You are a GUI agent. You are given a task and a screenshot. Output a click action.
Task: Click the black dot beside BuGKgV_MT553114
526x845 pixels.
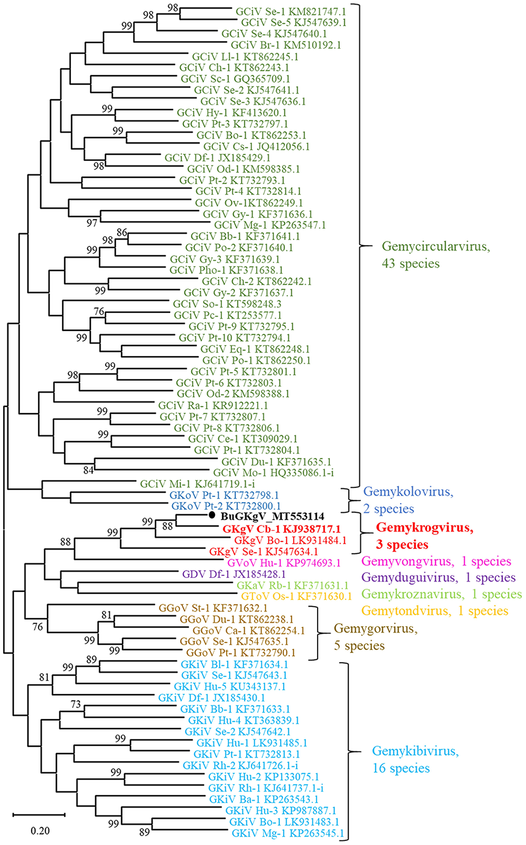pyautogui.click(x=212, y=515)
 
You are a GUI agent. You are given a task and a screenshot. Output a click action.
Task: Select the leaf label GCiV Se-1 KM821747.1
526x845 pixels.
pyautogui.click(x=291, y=12)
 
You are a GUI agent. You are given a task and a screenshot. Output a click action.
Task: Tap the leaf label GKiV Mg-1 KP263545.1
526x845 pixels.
pyautogui.click(x=288, y=833)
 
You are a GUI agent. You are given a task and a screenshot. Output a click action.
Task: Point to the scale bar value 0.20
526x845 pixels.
pyautogui.click(x=40, y=831)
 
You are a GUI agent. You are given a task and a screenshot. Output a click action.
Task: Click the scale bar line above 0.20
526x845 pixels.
pyautogui.click(x=39, y=815)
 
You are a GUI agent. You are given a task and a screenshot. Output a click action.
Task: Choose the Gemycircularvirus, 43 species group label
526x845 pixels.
pyautogui.click(x=436, y=254)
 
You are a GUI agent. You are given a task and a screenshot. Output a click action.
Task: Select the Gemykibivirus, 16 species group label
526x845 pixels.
pyautogui.click(x=416, y=759)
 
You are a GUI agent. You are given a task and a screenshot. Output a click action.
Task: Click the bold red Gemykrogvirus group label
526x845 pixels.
pyautogui.click(x=424, y=536)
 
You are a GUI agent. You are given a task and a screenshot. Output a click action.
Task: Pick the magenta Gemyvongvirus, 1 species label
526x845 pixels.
pyautogui.click(x=436, y=562)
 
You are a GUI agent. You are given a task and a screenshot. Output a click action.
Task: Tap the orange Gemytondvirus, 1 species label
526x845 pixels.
pyautogui.click(x=434, y=610)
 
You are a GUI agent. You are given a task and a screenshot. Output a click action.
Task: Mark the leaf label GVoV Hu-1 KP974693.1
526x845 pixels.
pyautogui.click(x=284, y=563)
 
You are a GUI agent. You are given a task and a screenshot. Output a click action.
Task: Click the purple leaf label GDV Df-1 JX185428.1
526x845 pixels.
pyautogui.click(x=234, y=574)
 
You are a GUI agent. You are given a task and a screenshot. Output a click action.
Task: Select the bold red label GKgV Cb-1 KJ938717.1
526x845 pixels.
pyautogui.click(x=281, y=529)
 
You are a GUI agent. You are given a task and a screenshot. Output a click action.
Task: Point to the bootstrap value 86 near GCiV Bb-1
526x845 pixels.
pyautogui.click(x=122, y=232)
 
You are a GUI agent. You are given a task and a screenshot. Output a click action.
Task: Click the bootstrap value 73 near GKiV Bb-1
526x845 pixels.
pyautogui.click(x=76, y=704)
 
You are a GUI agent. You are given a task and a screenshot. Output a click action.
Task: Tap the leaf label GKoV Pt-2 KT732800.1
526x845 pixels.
pyautogui.click(x=226, y=506)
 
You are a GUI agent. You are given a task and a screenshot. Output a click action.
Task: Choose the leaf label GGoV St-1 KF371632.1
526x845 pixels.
pyautogui.click(x=213, y=608)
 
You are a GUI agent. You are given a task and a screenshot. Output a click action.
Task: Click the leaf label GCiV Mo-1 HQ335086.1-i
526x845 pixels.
pyautogui.click(x=274, y=472)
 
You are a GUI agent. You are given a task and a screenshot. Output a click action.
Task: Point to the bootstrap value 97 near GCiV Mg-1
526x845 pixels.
pyautogui.click(x=92, y=223)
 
